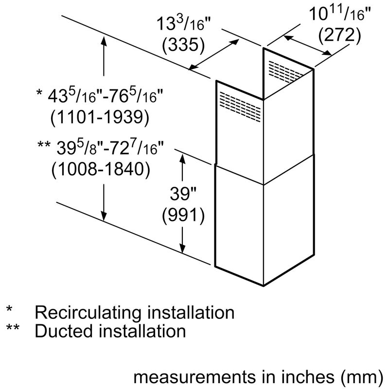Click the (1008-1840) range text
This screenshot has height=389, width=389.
[100, 169]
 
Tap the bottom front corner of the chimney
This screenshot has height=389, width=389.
[263, 285]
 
